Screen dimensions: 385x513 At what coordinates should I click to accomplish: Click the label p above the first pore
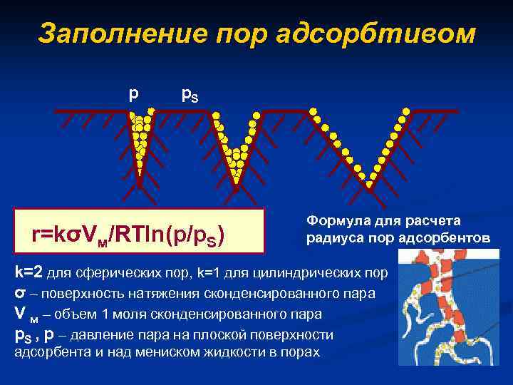pyautogui.click(x=133, y=93)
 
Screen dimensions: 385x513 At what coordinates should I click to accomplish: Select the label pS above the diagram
pyautogui.click(x=190, y=94)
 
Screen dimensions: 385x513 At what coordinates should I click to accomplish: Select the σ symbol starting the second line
pyautogui.click(x=20, y=293)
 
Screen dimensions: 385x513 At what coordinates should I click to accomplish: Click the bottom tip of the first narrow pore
pyautogui.click(x=140, y=184)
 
